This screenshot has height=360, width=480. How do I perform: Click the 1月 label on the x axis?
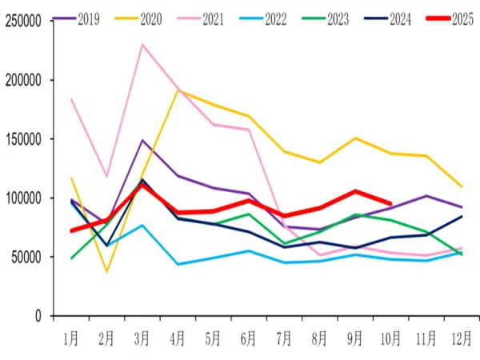(x=71, y=339)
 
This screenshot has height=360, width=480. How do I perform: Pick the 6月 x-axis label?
(x=248, y=339)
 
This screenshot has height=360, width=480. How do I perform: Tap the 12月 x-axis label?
(x=461, y=339)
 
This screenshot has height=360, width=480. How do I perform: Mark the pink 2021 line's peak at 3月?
(x=142, y=44)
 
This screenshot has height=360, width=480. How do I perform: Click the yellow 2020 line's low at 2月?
(x=107, y=272)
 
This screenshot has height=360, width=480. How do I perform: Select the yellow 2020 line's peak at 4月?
(x=178, y=90)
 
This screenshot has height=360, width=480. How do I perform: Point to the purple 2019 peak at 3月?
(x=142, y=140)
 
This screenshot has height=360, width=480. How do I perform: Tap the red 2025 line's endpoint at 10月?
(x=390, y=203)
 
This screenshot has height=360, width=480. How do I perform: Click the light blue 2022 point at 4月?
(x=178, y=264)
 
